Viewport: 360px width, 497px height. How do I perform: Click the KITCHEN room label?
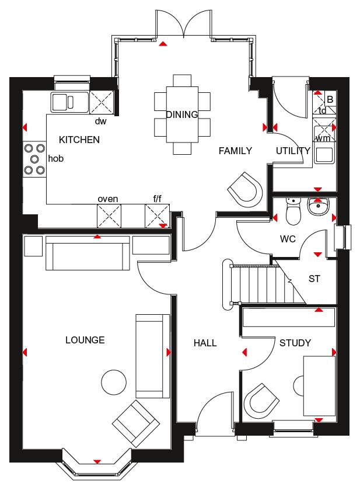[x=79, y=140]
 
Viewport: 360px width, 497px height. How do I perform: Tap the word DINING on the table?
[x=182, y=114]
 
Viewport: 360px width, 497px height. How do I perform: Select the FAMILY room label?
[x=235, y=151]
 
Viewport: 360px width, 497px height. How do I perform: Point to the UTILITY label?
[x=293, y=151]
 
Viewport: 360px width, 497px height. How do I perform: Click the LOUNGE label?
[x=85, y=340]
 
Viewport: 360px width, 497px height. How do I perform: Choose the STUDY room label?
[x=295, y=343]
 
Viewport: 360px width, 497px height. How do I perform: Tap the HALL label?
[x=205, y=343]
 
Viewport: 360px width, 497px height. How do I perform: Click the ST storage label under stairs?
[x=314, y=279]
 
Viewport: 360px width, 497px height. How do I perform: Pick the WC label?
[x=288, y=239]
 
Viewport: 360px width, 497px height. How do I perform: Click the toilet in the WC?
[x=293, y=211]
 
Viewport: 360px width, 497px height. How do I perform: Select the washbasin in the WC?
[x=318, y=207]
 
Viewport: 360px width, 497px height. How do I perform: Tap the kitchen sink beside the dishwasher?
[x=70, y=102]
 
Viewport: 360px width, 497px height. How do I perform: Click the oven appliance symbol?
[x=109, y=216]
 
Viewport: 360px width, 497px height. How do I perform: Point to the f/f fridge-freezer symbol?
[x=158, y=216]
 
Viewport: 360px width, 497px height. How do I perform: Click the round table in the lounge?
[x=114, y=383]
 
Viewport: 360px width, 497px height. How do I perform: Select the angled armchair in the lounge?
[x=136, y=423]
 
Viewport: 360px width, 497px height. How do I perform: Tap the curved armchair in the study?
[x=261, y=401]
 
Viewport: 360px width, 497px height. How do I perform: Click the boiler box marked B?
[x=330, y=99]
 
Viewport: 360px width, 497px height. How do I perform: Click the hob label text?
[x=56, y=158]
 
